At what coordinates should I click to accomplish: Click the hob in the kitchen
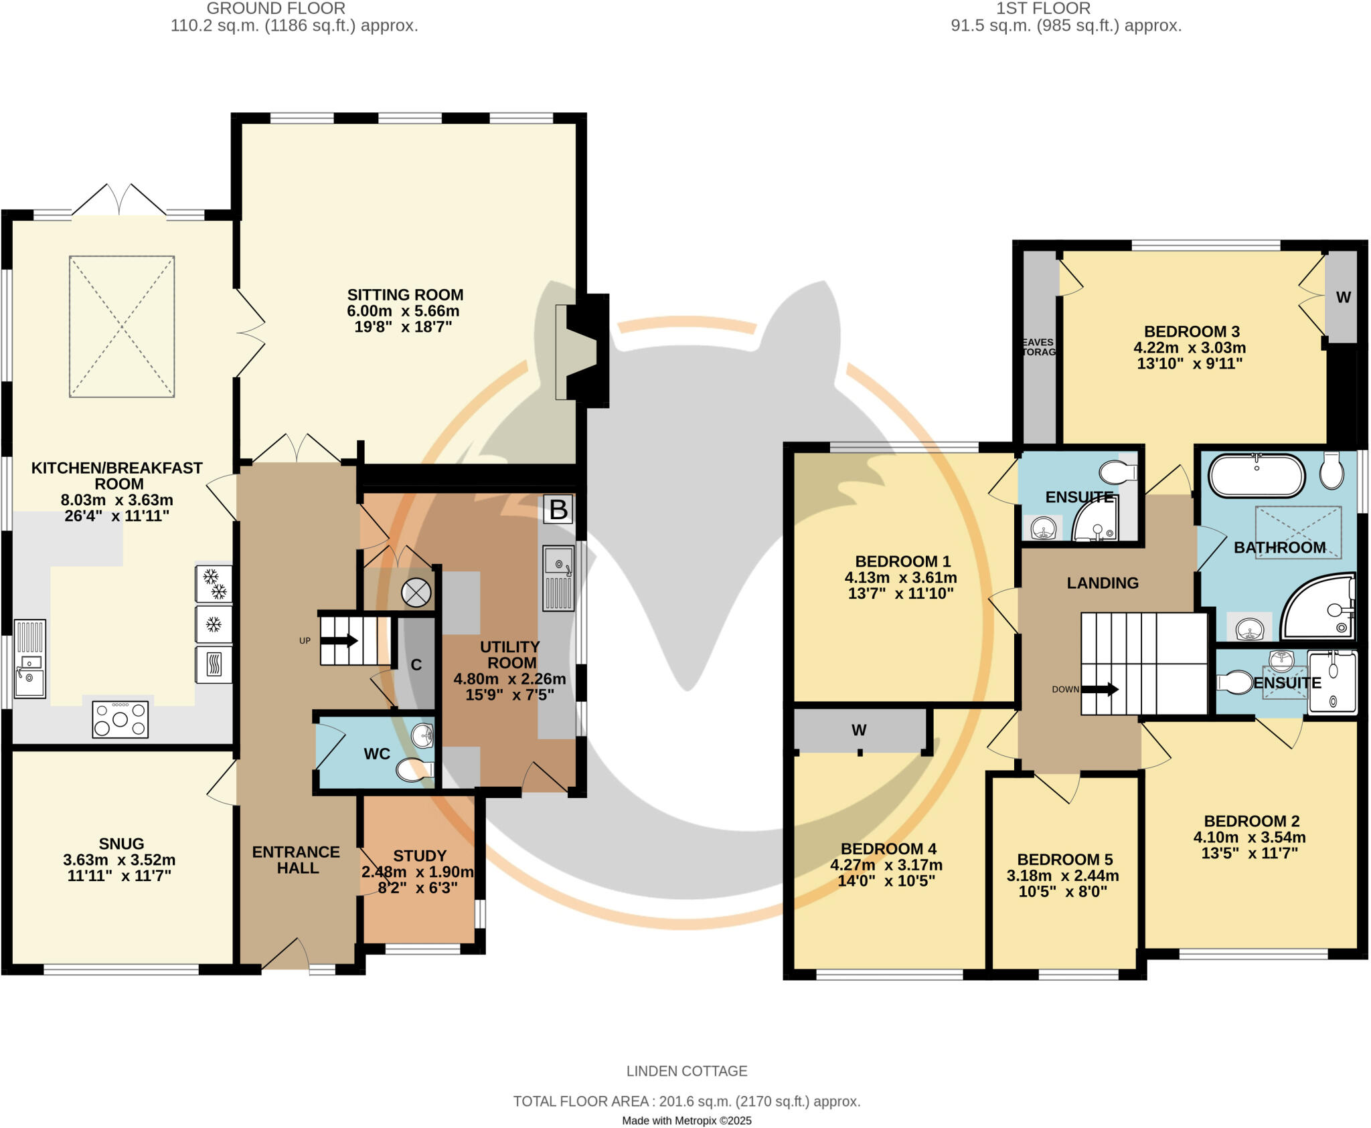[x=120, y=719]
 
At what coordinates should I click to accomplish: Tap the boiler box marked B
[x=558, y=510]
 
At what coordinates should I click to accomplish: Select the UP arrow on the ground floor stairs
[x=339, y=641]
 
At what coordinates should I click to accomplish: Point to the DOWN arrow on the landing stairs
[x=1100, y=689]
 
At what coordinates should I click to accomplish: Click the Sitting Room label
[x=405, y=295]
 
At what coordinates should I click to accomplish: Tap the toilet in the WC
[x=415, y=770]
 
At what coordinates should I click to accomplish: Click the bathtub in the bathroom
[x=1257, y=476]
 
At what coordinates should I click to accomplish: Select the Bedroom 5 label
[x=1065, y=860]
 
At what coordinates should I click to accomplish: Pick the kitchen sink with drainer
[x=30, y=659]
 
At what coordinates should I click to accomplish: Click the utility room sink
[x=559, y=579]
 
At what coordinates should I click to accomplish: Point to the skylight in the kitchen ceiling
[x=122, y=326]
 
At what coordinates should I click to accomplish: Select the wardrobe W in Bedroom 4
[x=860, y=730]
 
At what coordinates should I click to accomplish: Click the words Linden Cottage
[x=687, y=1071]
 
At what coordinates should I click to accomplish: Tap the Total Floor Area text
[x=687, y=1101]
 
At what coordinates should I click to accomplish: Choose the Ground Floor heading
[x=276, y=9]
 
